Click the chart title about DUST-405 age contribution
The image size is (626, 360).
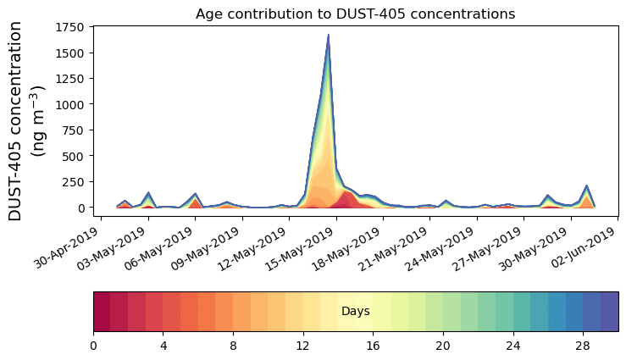(355, 14)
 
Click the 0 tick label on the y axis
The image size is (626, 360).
(81, 208)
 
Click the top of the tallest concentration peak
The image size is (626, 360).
(328, 36)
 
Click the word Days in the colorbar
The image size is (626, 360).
(355, 312)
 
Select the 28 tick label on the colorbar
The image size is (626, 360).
(583, 346)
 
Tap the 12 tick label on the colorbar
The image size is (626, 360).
(302, 346)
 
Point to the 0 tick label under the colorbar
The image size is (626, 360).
(93, 346)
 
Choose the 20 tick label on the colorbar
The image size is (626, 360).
(443, 346)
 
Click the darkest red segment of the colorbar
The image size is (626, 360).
(102, 312)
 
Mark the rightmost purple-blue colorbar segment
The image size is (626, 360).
(609, 312)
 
